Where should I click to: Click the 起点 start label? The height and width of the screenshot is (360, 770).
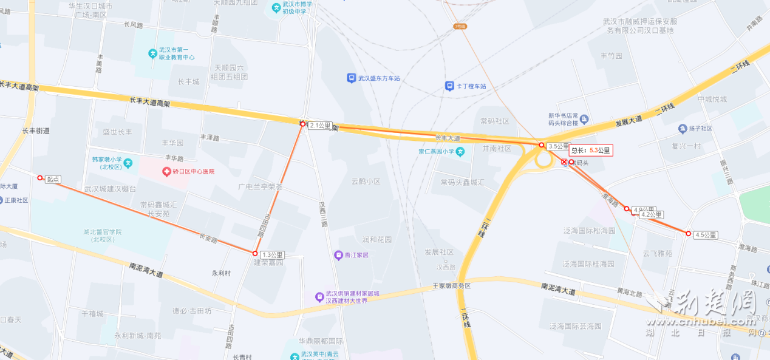tap(53, 179)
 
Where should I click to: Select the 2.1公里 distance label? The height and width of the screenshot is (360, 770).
tap(319, 126)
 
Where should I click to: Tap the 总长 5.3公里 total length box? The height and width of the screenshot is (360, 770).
tap(591, 150)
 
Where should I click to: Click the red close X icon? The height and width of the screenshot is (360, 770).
tap(564, 163)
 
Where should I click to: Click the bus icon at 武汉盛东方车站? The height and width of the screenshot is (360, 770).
tap(351, 78)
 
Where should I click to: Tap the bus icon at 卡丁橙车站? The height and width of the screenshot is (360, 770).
tap(449, 86)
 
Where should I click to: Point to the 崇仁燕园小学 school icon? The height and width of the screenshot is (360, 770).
tap(460, 151)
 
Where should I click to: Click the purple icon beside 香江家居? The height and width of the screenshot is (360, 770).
tap(338, 254)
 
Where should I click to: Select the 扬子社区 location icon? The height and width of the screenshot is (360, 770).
tap(683, 129)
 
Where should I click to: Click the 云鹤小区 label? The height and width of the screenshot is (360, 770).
tap(366, 181)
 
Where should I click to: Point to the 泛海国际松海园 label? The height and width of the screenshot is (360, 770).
tap(588, 231)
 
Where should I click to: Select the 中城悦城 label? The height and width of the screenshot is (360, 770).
tap(712, 99)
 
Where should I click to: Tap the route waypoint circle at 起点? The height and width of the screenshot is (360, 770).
tap(40, 178)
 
